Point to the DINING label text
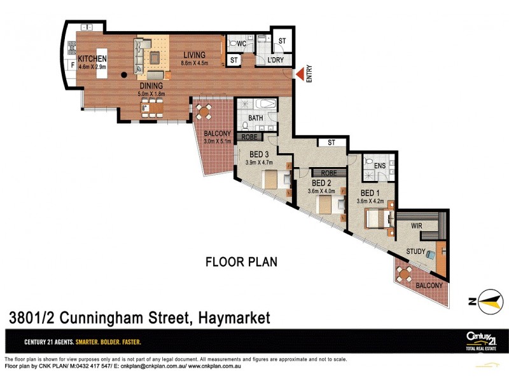tap(151, 86)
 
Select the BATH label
tap(255, 118)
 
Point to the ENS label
tap(380, 166)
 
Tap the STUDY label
tap(416, 251)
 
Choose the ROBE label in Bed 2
tap(328, 173)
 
